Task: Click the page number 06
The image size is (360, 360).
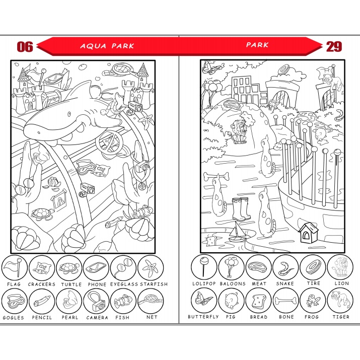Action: pos(25,47)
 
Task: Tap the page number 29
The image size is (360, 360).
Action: pos(334,47)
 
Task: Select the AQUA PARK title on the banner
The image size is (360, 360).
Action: pos(107,46)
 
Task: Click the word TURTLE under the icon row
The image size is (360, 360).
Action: pos(71,284)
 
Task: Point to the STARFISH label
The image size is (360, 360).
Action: pos(154,284)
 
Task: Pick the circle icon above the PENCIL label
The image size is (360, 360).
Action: pos(42,301)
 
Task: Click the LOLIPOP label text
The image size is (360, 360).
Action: pos(204,283)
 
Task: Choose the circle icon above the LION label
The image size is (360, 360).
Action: pos(340,267)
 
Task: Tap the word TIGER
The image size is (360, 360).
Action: pos(341,317)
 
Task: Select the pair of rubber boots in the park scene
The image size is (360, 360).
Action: pos(241,209)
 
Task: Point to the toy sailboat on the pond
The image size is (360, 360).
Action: pos(237,233)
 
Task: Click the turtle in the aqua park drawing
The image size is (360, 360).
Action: pos(42,213)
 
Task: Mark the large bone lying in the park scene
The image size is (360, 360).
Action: pos(217,176)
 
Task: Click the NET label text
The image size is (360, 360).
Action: pos(152,317)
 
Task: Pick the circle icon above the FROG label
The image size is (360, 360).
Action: pos(313,301)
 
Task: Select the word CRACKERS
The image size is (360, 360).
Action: pos(42,284)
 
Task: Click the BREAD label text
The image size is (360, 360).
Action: pos(258,317)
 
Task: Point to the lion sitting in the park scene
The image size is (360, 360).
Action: pos(239,132)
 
